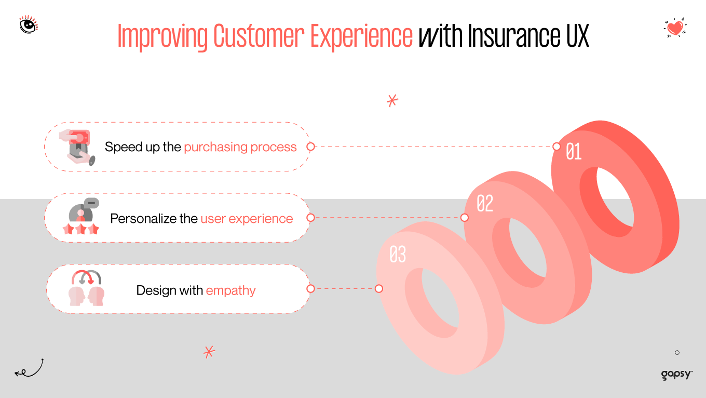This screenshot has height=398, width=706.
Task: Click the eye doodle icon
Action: coord(29,25)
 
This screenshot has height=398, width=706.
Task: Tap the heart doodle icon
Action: coord(675,28)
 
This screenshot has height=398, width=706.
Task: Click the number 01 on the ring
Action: coord(574,152)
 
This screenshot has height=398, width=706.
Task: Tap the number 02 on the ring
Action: coord(484,204)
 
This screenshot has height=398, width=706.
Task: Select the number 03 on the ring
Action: coord(398,255)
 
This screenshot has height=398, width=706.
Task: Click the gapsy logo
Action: coord(676,375)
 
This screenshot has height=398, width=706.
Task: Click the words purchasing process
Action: coord(240,147)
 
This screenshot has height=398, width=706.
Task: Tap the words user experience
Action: coord(247,219)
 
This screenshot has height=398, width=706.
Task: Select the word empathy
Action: coord(230,290)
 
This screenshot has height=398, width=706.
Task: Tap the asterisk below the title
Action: coord(392,100)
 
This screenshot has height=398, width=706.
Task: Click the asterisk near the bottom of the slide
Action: coord(209,352)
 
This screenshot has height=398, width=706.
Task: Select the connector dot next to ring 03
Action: coord(379,289)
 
